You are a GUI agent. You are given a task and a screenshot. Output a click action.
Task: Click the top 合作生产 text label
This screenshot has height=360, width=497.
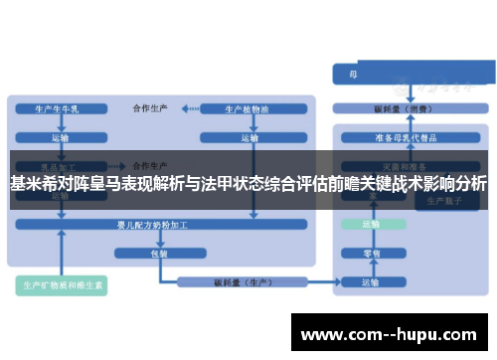click(150, 106)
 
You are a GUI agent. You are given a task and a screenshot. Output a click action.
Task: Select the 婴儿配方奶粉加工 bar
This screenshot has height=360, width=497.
click(159, 227)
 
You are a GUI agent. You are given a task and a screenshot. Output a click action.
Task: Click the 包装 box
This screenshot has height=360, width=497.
click(159, 253)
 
